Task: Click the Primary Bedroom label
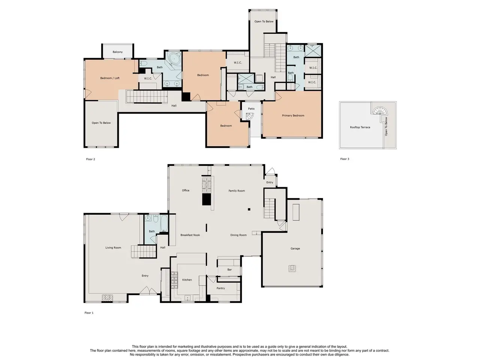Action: click(293, 115)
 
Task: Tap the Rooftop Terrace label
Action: click(360, 127)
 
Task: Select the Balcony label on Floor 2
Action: click(117, 52)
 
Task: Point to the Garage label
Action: click(295, 249)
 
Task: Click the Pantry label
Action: click(220, 288)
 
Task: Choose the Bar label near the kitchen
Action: click(229, 270)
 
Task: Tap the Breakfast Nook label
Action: click(190, 235)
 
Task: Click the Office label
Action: click(186, 190)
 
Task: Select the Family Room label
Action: click(236, 190)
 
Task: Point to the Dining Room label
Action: click(238, 235)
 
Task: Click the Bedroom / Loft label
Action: click(110, 78)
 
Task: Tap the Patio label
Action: click(251, 109)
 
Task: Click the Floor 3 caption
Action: click(345, 159)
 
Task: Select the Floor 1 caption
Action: click(89, 313)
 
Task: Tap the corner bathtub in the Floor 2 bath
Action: click(175, 58)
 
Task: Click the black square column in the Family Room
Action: click(249, 209)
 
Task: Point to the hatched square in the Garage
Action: click(292, 268)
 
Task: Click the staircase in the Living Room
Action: click(144, 252)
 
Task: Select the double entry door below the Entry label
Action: click(148, 291)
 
